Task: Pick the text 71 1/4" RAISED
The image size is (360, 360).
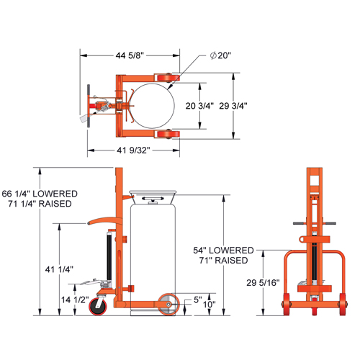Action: click(x=41, y=205)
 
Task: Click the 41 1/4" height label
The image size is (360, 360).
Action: click(x=60, y=269)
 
